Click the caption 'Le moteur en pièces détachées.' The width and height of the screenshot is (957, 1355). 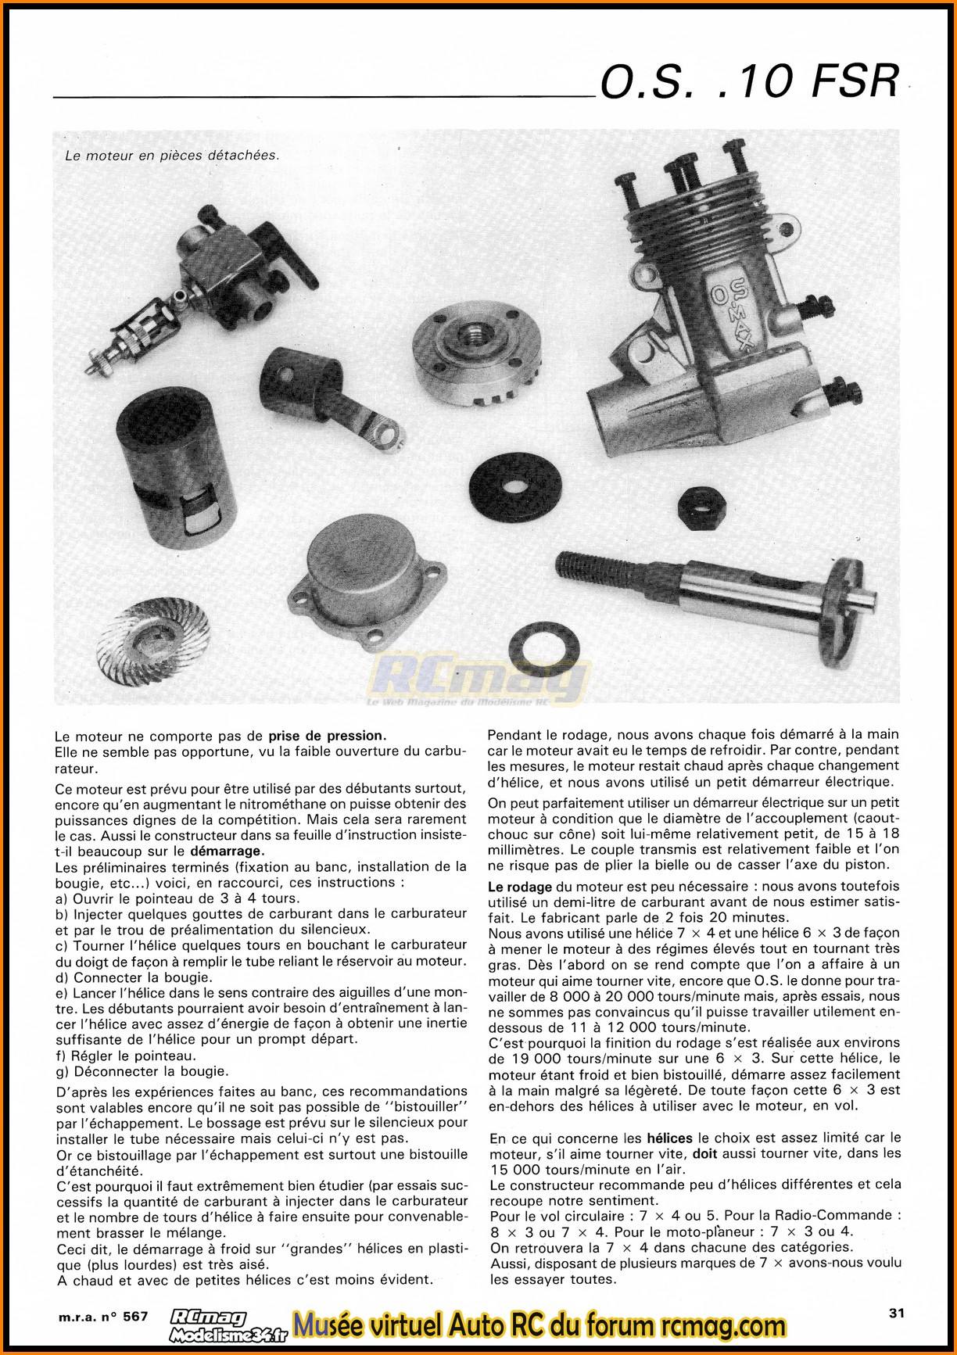(172, 156)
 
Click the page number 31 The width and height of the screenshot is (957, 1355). (897, 1313)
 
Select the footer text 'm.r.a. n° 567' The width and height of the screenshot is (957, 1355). (103, 1316)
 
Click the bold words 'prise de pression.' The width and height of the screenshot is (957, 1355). (328, 736)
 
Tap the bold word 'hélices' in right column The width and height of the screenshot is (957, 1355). (670, 1138)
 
